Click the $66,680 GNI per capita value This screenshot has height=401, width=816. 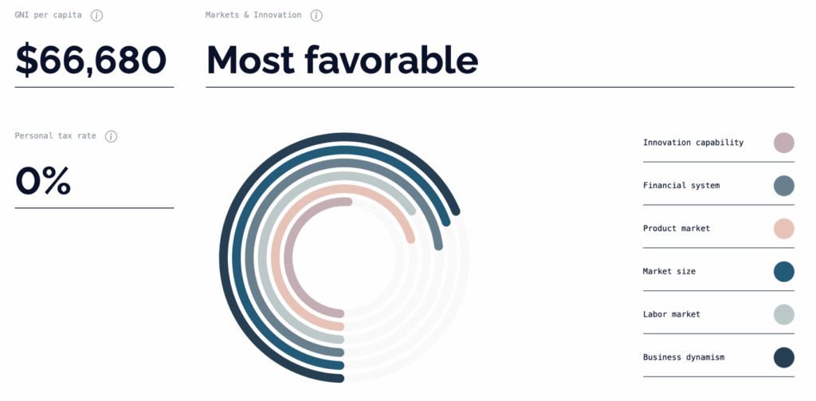pos(91,61)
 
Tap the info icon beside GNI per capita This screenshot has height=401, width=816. pos(96,16)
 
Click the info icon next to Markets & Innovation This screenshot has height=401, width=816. pos(316,16)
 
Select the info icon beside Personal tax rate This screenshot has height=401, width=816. pos(111,136)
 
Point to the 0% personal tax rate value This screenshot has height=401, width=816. pos(43,181)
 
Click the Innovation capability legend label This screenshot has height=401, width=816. pos(692,143)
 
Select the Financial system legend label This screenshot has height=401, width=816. pos(681,186)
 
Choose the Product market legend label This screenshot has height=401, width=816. pos(676,229)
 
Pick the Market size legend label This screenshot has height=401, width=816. pos(669,272)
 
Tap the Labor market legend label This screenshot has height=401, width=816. pos(671,315)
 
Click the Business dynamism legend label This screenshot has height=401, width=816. pos(684,357)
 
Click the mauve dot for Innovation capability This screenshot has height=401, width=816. pos(783,143)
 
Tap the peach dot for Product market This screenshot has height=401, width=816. pos(783,229)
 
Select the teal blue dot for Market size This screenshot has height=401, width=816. pos(783,272)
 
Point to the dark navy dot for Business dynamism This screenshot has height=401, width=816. pos(783,357)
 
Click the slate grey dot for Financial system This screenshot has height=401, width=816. pos(783,186)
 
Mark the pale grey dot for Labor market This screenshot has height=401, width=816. pos(783,315)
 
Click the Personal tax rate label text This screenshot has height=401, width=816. pos(55,136)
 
